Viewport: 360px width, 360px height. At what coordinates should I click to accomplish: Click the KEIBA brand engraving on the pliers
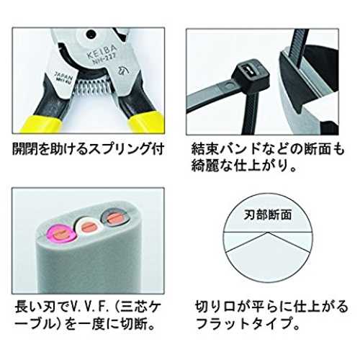[x=102, y=53]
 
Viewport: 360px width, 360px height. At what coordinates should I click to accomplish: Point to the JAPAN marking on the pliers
[x=63, y=74]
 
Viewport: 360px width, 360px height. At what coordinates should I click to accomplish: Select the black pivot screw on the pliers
[x=91, y=35]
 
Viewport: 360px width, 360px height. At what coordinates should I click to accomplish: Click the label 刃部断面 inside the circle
[x=268, y=215]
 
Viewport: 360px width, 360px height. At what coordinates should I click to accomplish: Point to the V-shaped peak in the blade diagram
[x=269, y=233]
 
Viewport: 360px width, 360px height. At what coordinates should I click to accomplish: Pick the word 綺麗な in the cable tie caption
[x=212, y=166]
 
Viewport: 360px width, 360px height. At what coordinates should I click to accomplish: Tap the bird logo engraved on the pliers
[x=122, y=71]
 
